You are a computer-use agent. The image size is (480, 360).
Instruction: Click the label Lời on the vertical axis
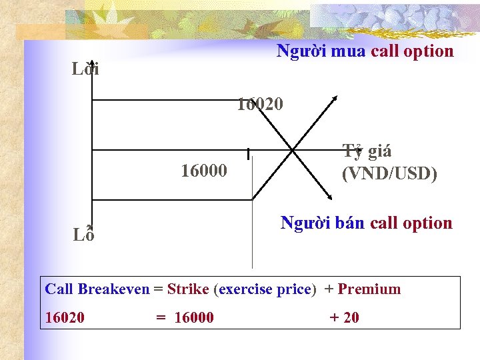click(86, 69)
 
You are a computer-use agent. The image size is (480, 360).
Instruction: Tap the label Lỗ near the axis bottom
click(83, 234)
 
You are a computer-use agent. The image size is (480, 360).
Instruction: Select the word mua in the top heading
click(347, 51)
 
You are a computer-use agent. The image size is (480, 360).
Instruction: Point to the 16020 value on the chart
click(260, 105)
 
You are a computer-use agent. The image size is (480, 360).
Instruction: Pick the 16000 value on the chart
click(204, 171)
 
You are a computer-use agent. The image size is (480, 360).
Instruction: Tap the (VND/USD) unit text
click(389, 174)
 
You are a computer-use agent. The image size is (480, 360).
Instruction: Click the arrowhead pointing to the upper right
click(335, 99)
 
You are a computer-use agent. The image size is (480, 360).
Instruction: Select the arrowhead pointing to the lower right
click(328, 197)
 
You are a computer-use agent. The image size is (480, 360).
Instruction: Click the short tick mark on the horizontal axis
click(248, 154)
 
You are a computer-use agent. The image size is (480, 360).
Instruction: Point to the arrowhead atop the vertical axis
click(89, 63)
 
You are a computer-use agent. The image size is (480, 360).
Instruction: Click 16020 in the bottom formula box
click(65, 317)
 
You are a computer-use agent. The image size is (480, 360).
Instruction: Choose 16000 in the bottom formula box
click(194, 317)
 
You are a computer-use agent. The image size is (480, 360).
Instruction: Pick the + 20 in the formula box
click(344, 317)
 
